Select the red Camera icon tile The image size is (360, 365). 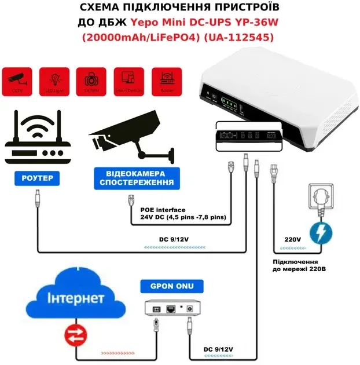click(91, 81)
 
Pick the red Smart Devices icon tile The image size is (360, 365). click(128, 81)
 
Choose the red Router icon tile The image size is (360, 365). click(165, 81)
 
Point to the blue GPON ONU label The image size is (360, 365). click(172, 286)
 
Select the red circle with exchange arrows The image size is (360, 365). click(76, 334)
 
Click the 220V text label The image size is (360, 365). click(292, 238)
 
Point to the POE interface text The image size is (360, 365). click(163, 210)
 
